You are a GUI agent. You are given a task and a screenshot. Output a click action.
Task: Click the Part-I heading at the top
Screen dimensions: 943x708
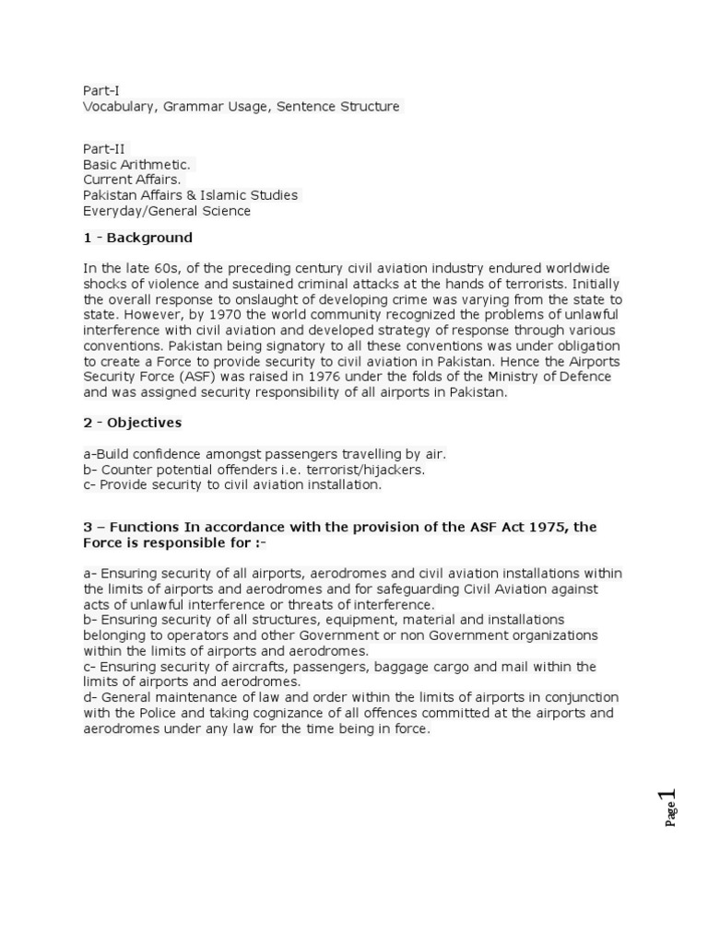click(101, 90)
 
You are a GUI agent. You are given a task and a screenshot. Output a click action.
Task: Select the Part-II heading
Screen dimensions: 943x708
click(104, 147)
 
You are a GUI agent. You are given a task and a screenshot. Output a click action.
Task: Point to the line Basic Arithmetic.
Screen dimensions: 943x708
click(137, 164)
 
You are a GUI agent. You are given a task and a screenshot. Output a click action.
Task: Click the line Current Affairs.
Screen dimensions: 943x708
click(132, 180)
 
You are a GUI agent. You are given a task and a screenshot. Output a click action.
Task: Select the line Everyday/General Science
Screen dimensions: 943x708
click(167, 211)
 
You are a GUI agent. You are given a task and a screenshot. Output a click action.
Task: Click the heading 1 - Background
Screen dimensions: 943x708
click(137, 238)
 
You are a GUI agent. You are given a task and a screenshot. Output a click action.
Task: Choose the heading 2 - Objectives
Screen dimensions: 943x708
click(132, 423)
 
